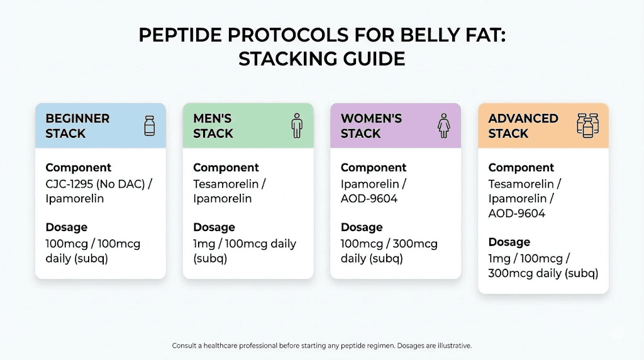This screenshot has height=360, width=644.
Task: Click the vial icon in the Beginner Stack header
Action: tap(149, 125)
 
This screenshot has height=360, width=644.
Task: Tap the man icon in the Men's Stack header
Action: tap(297, 125)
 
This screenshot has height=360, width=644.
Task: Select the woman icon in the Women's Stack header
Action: tap(444, 125)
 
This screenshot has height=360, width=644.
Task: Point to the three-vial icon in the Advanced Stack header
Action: tap(588, 125)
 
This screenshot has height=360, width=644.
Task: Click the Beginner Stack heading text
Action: tap(77, 126)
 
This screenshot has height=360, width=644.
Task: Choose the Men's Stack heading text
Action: tap(213, 126)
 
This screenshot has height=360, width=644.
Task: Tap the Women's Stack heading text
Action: tap(371, 126)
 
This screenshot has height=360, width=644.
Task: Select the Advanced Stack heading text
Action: tap(523, 126)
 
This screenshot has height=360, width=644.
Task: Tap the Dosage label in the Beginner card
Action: tap(66, 227)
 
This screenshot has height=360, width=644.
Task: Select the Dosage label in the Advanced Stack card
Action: tap(509, 242)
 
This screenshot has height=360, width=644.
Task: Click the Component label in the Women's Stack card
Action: tap(374, 167)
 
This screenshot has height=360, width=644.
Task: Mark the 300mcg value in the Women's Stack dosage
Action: tap(416, 244)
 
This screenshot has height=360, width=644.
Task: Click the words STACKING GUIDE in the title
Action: tap(321, 59)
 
